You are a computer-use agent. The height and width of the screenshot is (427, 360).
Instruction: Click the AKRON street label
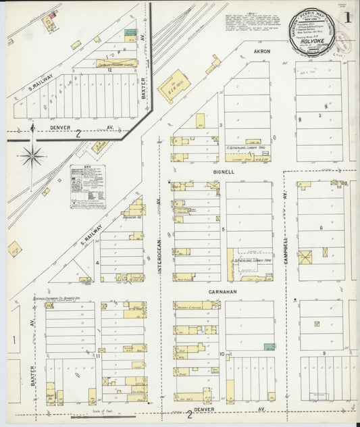click(263, 51)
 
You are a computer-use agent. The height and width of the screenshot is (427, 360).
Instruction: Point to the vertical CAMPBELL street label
click(285, 201)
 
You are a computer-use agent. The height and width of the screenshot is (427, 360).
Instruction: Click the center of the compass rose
click(32, 157)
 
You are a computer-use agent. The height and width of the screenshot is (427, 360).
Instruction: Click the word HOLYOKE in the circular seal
click(313, 40)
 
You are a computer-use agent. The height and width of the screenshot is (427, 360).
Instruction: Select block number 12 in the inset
click(108, 70)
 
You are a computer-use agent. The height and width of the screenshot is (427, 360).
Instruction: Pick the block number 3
click(221, 126)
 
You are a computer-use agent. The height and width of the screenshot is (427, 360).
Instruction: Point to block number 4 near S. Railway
click(98, 263)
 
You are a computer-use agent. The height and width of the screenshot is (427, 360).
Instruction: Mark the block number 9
click(324, 353)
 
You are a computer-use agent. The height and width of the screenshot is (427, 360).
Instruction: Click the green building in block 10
click(269, 347)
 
